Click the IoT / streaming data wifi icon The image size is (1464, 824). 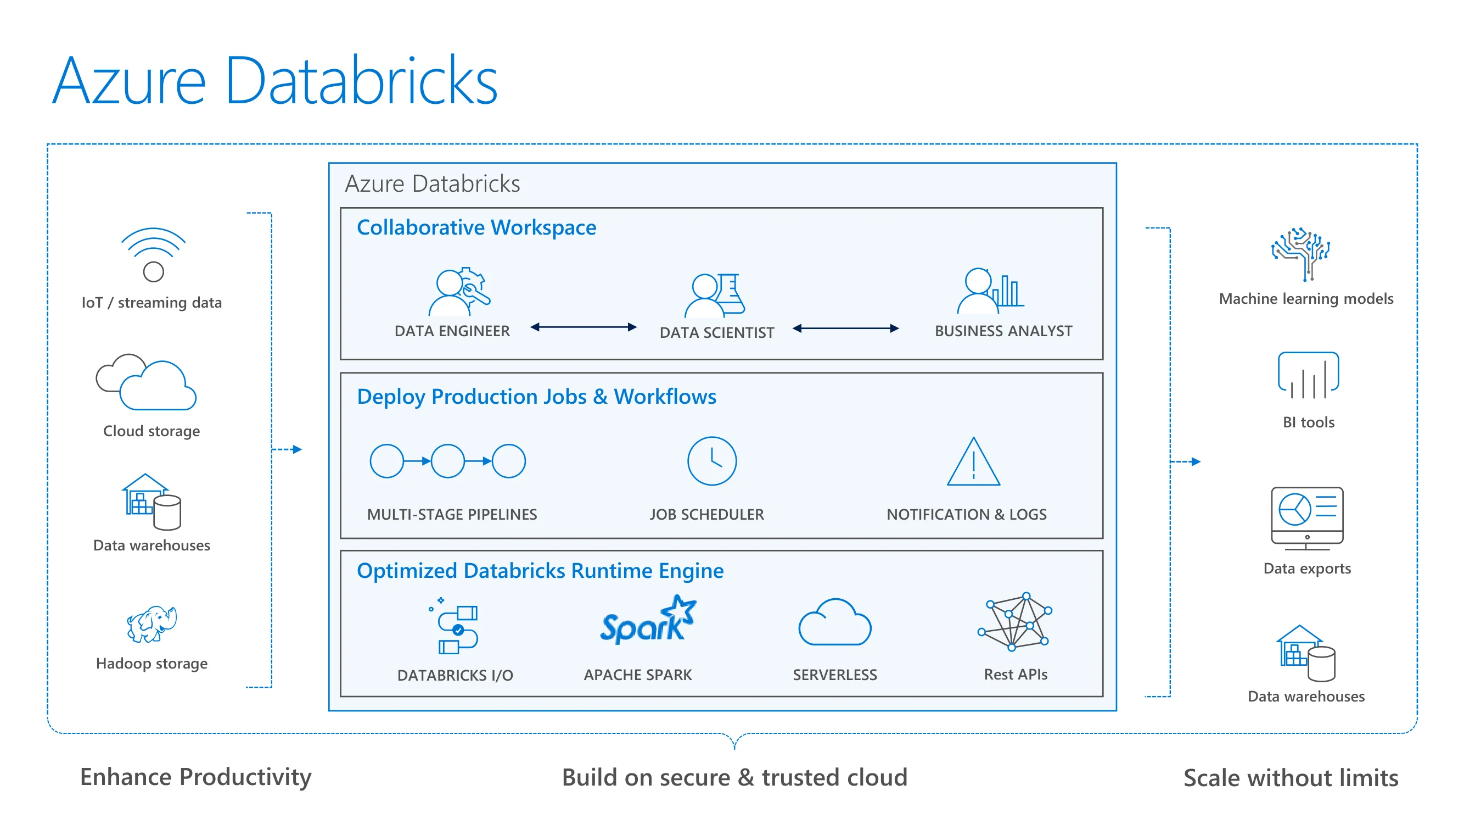click(x=153, y=255)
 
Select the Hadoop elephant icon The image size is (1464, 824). click(x=151, y=624)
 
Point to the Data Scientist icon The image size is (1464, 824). click(x=714, y=295)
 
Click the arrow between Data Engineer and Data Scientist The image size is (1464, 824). click(x=583, y=327)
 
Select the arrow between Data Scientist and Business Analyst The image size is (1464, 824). click(x=846, y=328)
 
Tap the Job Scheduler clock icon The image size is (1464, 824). click(x=711, y=461)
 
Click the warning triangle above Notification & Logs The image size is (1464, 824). click(x=974, y=462)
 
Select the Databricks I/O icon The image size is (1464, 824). click(x=455, y=626)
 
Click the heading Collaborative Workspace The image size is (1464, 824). click(x=476, y=227)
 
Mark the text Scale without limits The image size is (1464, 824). click(x=1291, y=777)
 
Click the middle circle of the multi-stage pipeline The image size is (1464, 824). click(x=448, y=461)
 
